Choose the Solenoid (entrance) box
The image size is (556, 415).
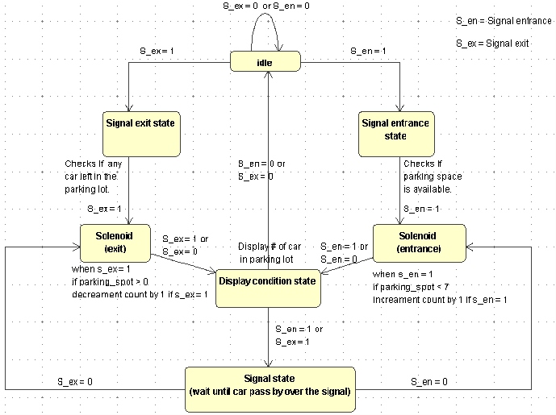[x=418, y=243]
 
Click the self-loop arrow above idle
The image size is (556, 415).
[x=265, y=31]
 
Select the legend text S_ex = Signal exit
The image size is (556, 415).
[x=492, y=44]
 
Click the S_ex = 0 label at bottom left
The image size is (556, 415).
[x=74, y=380]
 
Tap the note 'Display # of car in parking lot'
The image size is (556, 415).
[x=269, y=252]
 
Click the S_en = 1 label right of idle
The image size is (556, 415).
[x=367, y=51]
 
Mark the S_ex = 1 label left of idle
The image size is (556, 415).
[x=156, y=51]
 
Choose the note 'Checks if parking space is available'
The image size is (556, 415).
[x=427, y=176]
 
